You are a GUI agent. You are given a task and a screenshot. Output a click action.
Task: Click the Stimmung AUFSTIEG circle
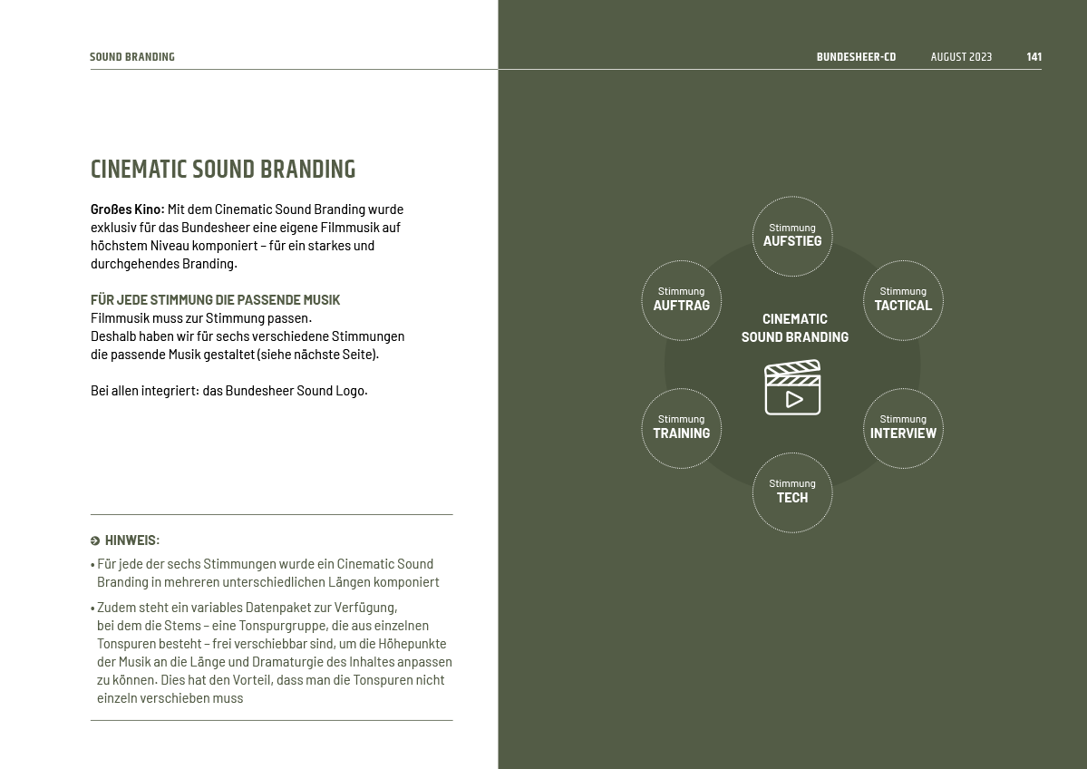click(792, 236)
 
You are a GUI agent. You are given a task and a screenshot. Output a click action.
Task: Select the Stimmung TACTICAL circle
click(903, 300)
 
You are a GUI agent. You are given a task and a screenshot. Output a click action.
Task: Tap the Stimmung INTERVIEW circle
click(903, 428)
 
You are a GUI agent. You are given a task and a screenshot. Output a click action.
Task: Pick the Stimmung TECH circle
click(792, 492)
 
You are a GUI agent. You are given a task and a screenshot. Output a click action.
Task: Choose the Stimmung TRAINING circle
click(682, 428)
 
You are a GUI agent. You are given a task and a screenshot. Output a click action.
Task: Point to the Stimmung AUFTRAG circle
click(682, 300)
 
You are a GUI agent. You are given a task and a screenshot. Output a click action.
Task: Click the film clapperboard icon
click(792, 387)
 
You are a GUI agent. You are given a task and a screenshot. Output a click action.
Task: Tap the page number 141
click(1034, 57)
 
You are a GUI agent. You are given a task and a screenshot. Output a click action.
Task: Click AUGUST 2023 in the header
click(961, 57)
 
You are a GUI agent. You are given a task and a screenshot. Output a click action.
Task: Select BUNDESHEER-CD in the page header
click(856, 57)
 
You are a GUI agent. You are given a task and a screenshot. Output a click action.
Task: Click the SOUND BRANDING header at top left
click(132, 57)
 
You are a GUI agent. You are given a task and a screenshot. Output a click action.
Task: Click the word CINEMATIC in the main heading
click(139, 170)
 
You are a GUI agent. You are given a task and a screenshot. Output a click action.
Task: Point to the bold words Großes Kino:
click(127, 209)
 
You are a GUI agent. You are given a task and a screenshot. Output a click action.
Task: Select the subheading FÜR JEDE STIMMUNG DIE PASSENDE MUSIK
click(215, 300)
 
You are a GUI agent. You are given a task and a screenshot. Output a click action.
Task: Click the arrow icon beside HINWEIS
click(95, 541)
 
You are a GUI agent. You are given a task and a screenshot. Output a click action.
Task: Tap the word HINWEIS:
click(132, 540)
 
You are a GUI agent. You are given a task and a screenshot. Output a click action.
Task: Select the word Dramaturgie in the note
click(286, 662)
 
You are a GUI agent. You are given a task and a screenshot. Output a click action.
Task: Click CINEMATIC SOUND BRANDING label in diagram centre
click(795, 327)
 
